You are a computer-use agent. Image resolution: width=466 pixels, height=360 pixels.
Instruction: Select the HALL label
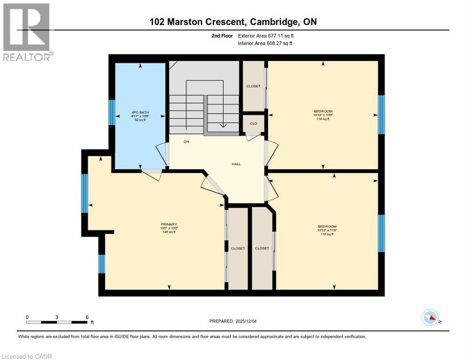[x=236, y=164]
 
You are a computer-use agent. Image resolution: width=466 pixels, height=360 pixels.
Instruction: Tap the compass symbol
[x=430, y=317]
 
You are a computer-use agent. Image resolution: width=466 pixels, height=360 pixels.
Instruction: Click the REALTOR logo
[x=27, y=32]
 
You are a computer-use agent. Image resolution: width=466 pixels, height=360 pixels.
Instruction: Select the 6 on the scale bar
[x=87, y=317]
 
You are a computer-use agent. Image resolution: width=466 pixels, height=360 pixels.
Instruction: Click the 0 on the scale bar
[x=27, y=317]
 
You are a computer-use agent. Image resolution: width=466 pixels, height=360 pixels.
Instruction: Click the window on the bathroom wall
[x=112, y=112]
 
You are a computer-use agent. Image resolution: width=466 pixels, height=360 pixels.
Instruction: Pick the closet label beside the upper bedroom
[x=253, y=86]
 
